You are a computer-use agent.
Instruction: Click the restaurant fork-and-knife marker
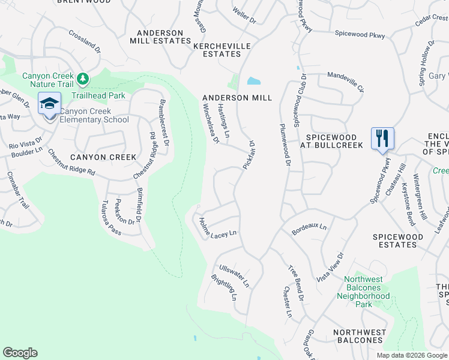coord(382,139)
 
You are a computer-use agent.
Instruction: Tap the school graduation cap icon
coord(49,104)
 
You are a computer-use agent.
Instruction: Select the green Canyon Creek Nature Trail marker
coord(83,79)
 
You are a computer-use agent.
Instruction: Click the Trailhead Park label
coord(98,95)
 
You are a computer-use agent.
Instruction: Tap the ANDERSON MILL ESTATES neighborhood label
coord(160,37)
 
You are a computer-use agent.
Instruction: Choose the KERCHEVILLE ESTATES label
coord(217,49)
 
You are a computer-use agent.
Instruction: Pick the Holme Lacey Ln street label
coord(218,227)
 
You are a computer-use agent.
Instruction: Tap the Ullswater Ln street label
coord(234,274)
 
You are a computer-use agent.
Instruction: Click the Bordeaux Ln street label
coord(309,228)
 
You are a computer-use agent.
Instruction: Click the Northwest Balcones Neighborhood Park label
coord(363,292)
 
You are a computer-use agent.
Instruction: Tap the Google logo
coord(20,353)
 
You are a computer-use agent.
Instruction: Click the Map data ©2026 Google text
coord(411,355)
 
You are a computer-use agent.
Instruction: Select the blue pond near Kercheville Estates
coord(254,81)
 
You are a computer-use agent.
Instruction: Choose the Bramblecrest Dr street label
coord(163,123)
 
